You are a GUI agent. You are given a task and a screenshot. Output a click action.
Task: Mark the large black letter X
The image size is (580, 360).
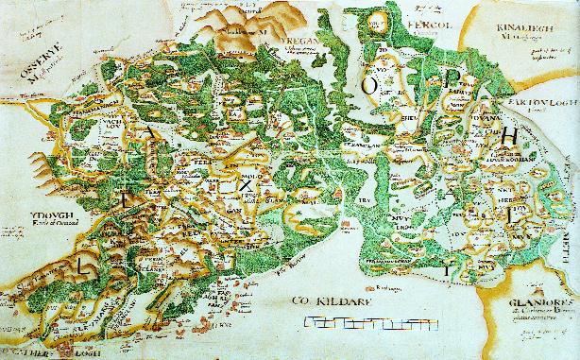pos(246,186)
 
